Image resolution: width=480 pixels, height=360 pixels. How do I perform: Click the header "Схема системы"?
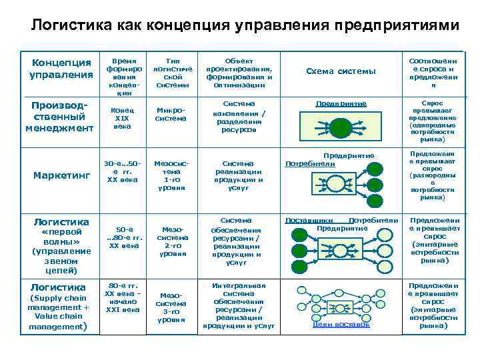341,71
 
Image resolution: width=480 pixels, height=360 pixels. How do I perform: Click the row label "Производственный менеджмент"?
59,117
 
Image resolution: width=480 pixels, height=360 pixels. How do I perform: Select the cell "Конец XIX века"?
122,117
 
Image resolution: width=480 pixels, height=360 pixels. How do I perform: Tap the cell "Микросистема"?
170,114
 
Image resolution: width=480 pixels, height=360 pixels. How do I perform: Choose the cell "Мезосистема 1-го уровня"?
171,175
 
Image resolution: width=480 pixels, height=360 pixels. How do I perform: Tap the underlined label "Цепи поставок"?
341,324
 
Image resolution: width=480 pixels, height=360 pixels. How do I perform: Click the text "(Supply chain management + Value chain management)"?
59,311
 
